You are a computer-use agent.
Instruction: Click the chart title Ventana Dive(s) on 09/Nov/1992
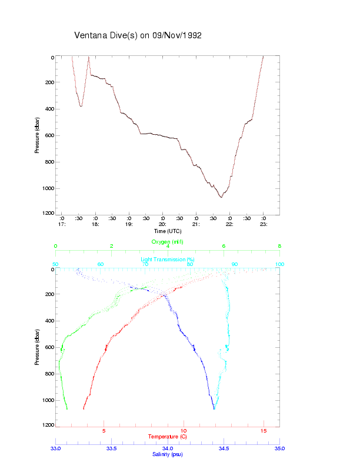[138, 35]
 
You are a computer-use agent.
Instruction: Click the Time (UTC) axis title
[167, 231]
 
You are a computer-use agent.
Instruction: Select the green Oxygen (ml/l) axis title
[168, 242]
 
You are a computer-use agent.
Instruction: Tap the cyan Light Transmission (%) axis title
[168, 260]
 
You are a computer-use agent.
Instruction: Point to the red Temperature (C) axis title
[167, 437]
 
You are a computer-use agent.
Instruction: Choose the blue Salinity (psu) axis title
[167, 454]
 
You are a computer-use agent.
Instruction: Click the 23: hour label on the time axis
[264, 224]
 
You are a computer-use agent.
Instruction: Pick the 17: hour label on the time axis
[61, 224]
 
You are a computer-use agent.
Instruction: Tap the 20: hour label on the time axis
[162, 224]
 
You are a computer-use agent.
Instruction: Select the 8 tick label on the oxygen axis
[279, 247]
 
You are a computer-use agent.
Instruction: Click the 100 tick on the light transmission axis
[279, 264]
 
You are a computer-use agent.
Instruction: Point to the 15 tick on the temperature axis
[264, 431]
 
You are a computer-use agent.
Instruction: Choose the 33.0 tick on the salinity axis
[56, 448]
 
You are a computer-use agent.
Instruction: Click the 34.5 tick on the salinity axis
[224, 448]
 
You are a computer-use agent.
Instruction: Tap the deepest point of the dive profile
[221, 197]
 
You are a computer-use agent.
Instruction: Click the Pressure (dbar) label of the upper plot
[37, 136]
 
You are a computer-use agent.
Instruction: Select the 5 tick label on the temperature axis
[104, 431]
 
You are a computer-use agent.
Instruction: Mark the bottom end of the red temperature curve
[84, 408]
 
